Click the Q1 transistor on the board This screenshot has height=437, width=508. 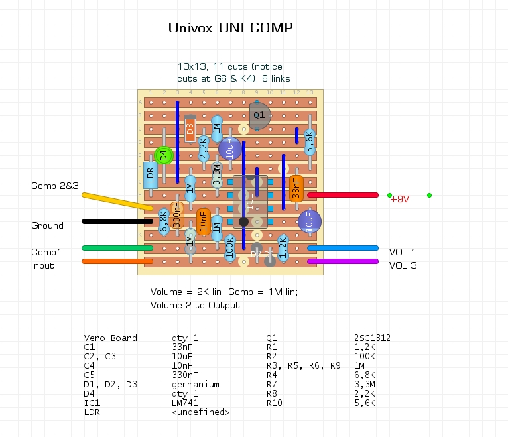[258, 115]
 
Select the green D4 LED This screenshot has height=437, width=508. [164, 156]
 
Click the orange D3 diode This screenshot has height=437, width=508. [190, 129]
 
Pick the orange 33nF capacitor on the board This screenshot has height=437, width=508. [296, 188]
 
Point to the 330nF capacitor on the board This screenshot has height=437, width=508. [177, 216]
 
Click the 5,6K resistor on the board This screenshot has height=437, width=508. [310, 142]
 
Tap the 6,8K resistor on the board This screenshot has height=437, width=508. [164, 221]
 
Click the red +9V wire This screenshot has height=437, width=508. [342, 195]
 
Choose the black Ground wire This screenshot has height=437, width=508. [117, 221]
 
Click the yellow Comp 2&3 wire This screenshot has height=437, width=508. [119, 202]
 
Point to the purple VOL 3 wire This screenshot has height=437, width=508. [342, 261]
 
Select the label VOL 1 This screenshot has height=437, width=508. [403, 252]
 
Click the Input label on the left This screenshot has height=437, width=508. [43, 265]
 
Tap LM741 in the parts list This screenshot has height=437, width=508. [187, 403]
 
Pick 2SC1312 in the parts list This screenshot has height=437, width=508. [373, 338]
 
